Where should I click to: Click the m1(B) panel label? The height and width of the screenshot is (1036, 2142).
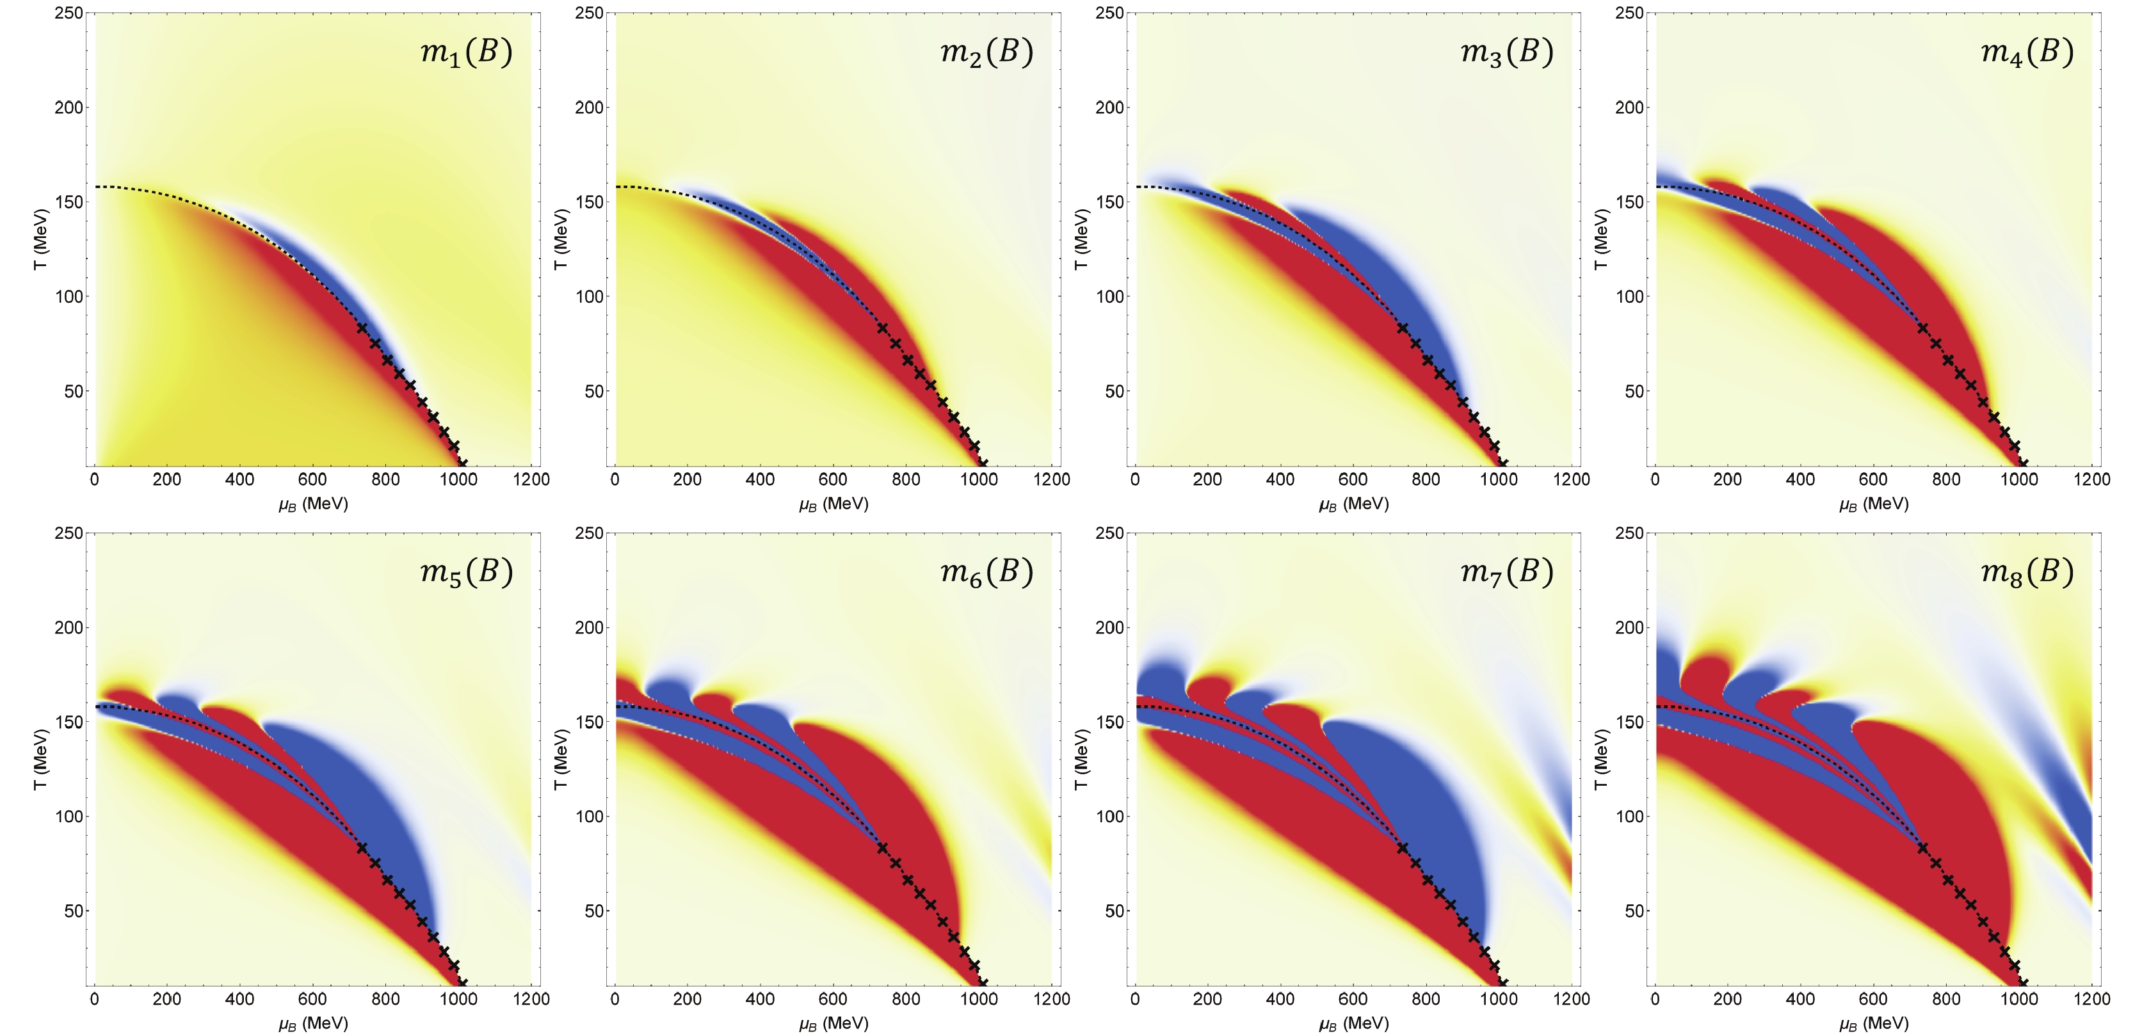[467, 52]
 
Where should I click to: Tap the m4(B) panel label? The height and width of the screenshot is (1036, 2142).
[2027, 52]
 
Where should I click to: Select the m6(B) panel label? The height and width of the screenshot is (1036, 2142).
[987, 572]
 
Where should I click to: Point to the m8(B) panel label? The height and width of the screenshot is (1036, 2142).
[2027, 572]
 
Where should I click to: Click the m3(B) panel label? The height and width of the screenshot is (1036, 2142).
[1507, 52]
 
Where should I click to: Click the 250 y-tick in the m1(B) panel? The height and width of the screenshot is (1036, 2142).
[69, 13]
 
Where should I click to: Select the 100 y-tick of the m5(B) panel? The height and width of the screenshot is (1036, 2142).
[69, 817]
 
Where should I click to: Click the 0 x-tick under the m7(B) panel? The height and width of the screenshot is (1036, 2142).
[1135, 1000]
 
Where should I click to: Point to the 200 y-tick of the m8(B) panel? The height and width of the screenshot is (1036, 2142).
[1630, 628]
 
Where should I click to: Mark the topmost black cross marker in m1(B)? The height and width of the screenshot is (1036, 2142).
[362, 328]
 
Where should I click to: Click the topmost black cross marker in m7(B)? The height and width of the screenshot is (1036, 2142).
[1403, 848]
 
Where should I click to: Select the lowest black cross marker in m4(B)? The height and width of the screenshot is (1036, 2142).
[2023, 463]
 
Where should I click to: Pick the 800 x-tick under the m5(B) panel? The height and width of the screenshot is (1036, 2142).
[385, 1000]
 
